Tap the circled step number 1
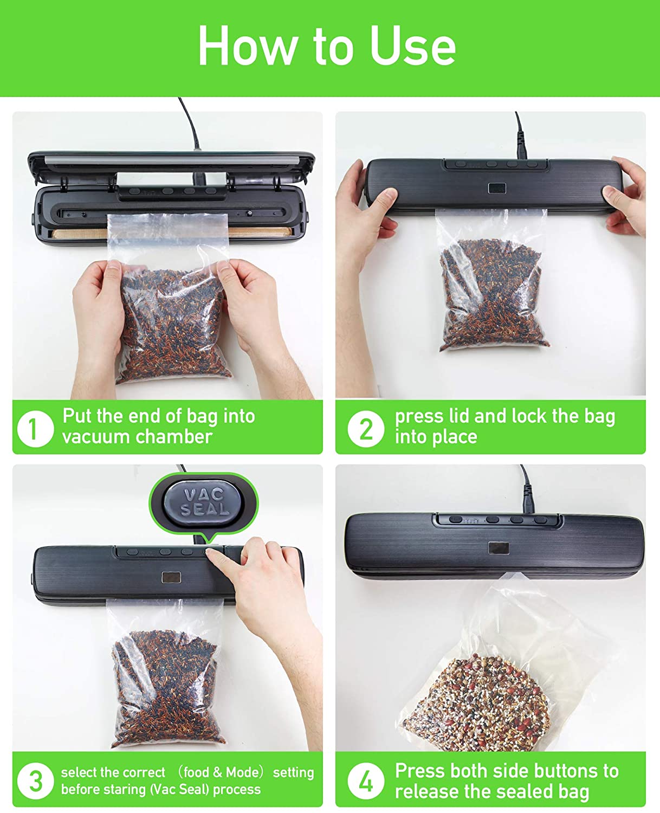coord(35,429)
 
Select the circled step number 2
coord(365,429)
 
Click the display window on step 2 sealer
coord(497,188)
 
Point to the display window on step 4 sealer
coord(499,549)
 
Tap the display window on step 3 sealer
coord(171,577)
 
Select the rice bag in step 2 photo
coord(492,281)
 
